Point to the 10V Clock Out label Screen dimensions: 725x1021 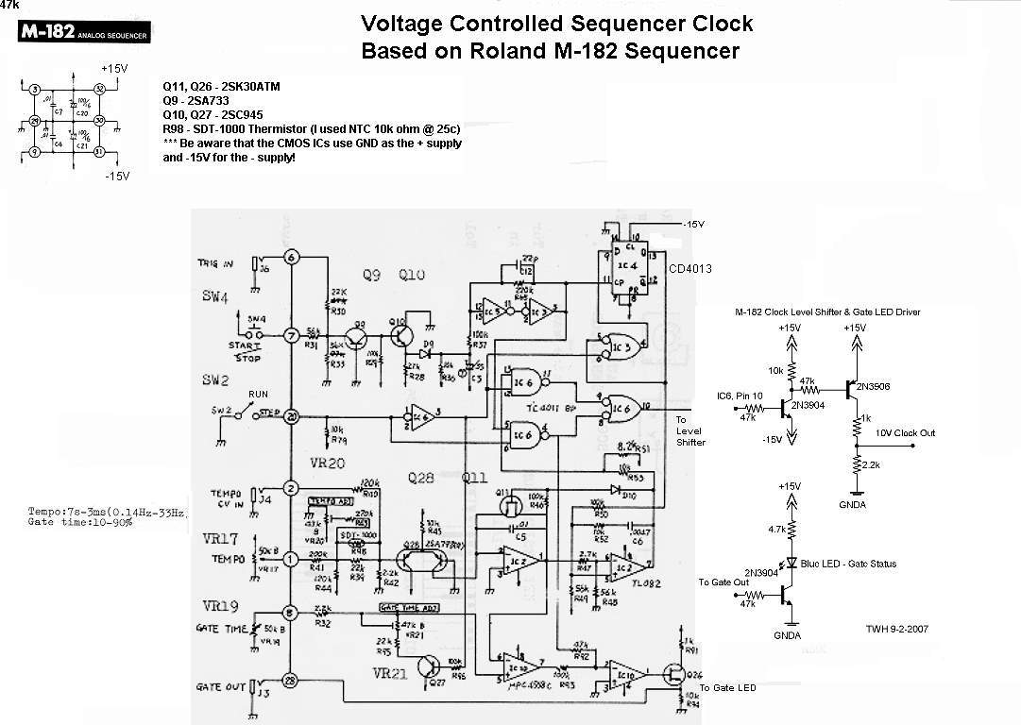(905, 433)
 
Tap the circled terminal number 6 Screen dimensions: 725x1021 (291, 257)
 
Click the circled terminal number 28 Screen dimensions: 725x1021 (291, 681)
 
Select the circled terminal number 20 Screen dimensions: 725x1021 (291, 415)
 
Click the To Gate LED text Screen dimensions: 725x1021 (726, 687)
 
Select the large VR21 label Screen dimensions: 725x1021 (389, 674)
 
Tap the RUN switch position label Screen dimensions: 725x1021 (258, 394)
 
